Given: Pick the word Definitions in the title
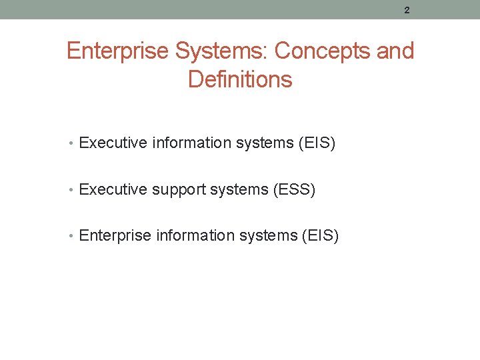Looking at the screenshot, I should [240, 79].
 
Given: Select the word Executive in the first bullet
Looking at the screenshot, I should [113, 143].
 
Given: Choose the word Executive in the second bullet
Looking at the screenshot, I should [113, 189].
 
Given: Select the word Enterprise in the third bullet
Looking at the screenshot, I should [114, 236].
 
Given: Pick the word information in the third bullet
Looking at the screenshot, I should [191, 235].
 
